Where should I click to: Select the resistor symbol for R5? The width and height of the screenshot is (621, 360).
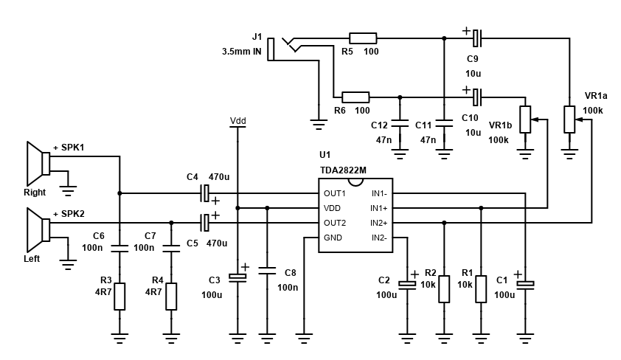(x=362, y=38)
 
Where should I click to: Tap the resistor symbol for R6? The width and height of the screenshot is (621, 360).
(x=355, y=97)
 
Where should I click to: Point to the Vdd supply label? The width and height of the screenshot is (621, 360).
(x=237, y=120)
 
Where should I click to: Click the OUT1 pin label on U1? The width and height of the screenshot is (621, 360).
(x=335, y=193)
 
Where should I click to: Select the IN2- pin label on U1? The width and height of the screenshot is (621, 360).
(x=378, y=238)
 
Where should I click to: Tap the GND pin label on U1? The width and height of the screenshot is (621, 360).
(x=333, y=238)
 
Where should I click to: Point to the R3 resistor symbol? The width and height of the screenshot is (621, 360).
(x=119, y=296)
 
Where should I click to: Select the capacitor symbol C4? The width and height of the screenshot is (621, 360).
(x=206, y=193)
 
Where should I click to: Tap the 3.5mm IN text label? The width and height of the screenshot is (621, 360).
(x=241, y=52)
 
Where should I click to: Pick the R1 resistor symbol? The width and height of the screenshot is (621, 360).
(x=481, y=288)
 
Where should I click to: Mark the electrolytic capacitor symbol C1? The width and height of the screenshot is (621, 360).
(x=525, y=283)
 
